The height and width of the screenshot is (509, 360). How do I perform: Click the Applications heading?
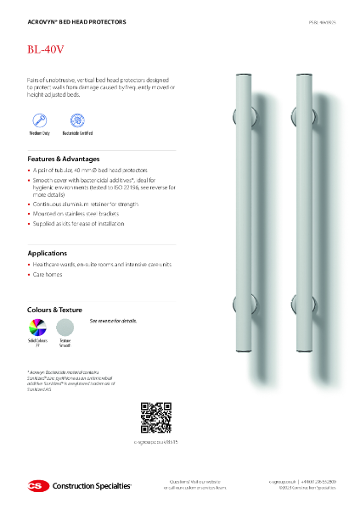[48, 253]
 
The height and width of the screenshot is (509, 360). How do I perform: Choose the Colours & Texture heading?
[56, 310]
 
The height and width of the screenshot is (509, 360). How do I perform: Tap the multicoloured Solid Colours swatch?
[37, 327]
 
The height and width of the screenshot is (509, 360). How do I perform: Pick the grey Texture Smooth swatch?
[64, 327]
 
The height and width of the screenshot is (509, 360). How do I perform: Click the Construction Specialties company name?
[91, 486]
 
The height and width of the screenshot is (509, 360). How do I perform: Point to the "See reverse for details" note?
[113, 322]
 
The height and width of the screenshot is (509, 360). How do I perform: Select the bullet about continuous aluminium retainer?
[85, 204]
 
